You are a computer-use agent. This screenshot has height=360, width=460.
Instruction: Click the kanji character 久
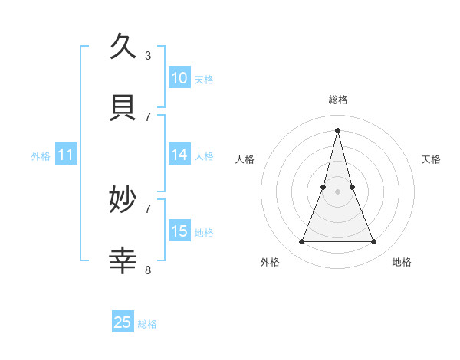coord(123,47)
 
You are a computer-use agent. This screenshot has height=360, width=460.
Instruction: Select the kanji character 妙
coord(123,201)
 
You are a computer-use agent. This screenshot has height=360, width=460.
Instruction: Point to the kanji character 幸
coord(123,261)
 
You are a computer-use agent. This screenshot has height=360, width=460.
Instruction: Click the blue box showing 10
coord(179,78)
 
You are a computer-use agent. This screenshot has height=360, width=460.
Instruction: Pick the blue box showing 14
coord(179,155)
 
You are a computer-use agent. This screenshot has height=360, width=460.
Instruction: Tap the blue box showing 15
coord(179,231)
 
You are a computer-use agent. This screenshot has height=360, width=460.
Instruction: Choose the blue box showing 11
coord(66,155)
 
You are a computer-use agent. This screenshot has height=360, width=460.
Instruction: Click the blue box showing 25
coord(123,322)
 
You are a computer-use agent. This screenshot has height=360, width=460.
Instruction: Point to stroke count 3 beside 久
coord(148,55)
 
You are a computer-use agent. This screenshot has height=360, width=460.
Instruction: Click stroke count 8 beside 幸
coord(148,270)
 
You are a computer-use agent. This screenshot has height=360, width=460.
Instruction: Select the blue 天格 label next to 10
coord(203,79)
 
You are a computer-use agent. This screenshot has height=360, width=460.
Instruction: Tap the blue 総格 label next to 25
coord(147,323)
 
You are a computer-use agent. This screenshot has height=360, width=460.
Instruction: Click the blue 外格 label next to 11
coord(41,155)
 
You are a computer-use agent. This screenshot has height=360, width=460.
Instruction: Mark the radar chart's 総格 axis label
coord(338,100)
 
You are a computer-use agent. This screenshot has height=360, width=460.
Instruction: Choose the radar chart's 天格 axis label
coord(431,159)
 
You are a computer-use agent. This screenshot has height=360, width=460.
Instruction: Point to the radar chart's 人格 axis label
coord(245,159)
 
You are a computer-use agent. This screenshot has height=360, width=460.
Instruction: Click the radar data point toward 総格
coord(338,130)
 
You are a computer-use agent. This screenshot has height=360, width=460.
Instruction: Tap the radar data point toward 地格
coord(374,242)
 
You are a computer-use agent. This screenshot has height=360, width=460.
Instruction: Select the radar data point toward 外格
coord(301,242)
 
